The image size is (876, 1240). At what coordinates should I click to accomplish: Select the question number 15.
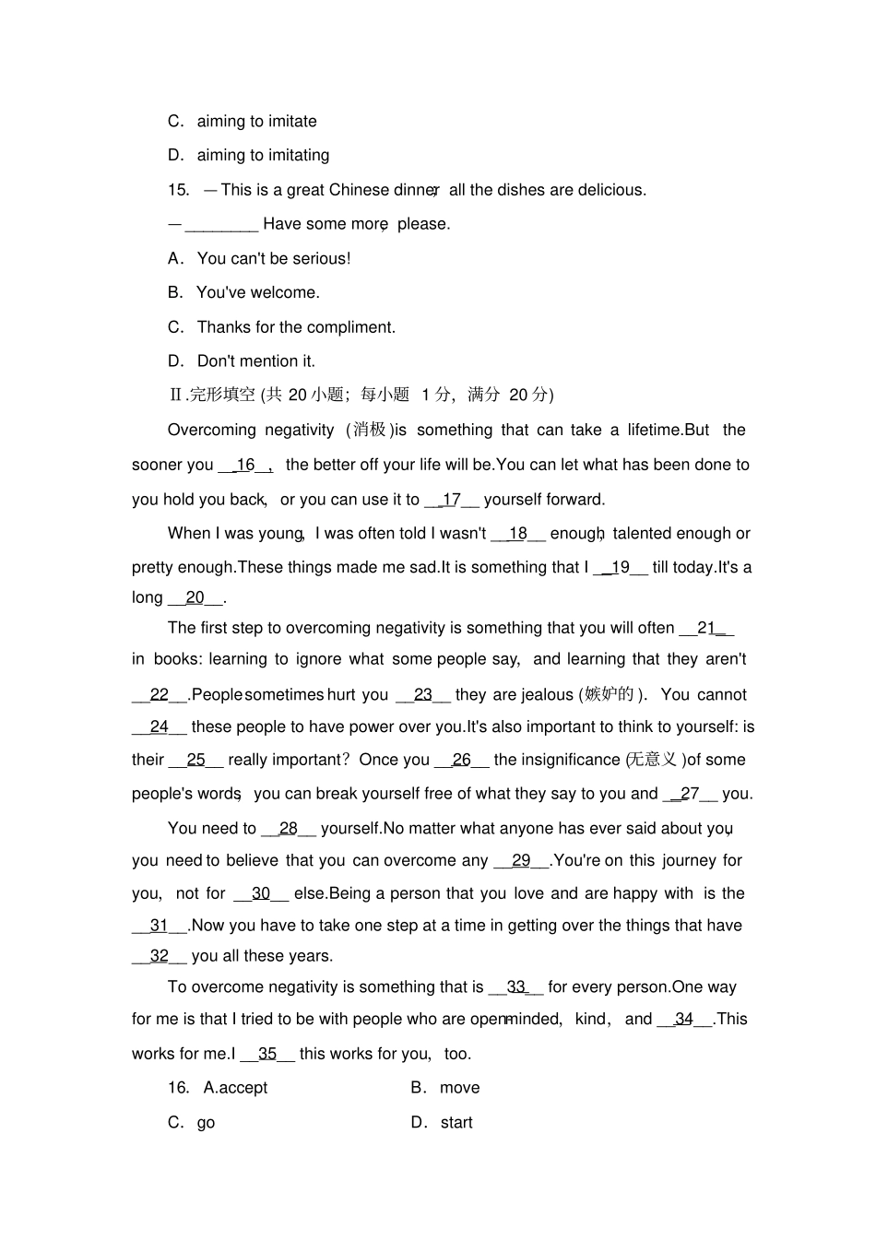(x=178, y=190)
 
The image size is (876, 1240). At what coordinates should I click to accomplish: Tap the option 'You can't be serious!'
(x=274, y=258)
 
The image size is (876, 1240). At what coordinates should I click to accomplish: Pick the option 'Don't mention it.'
(x=255, y=361)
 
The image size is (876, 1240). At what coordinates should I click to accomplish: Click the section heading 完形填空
(x=221, y=395)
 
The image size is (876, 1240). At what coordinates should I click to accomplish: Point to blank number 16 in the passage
(x=245, y=465)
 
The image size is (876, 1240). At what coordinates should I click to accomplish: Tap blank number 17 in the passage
(x=451, y=500)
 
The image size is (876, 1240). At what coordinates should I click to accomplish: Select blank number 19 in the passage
(x=620, y=567)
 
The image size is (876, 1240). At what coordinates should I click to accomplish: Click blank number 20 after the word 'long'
(x=195, y=597)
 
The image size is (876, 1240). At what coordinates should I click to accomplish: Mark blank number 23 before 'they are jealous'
(x=423, y=694)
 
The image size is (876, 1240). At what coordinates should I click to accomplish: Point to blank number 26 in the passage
(x=461, y=760)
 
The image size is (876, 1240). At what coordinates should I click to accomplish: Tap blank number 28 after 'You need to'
(x=289, y=828)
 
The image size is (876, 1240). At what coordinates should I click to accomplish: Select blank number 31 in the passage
(x=159, y=926)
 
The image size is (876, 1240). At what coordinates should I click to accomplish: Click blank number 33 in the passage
(x=515, y=986)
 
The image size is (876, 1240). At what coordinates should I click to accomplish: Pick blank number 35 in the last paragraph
(x=267, y=1054)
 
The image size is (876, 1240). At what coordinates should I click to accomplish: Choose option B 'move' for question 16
(x=459, y=1088)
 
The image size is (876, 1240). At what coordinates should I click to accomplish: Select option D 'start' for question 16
(x=456, y=1123)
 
